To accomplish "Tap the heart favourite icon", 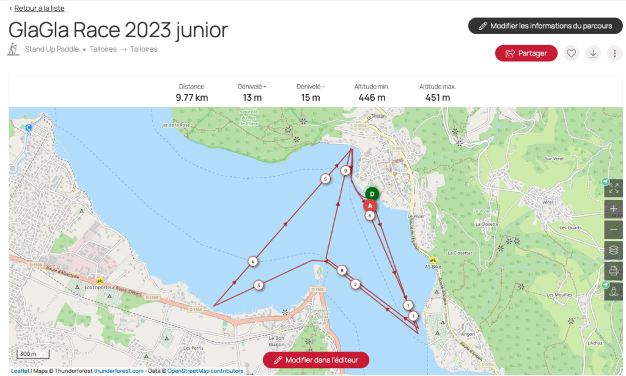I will point(572,54).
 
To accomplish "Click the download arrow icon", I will point(593,54).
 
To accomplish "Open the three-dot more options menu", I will point(614,54).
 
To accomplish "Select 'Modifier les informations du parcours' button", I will point(545,26).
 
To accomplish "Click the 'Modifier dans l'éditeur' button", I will point(316,360).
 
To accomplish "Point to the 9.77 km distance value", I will point(192,98).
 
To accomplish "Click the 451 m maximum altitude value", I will point(438,98).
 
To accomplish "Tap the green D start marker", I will point(372,194).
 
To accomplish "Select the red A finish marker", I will point(370,206).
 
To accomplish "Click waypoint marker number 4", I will point(252,262).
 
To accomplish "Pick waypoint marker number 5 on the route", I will point(325,179).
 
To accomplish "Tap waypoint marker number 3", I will point(259,285).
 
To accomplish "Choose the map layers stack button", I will point(614,250).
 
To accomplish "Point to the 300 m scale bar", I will point(27,354).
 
